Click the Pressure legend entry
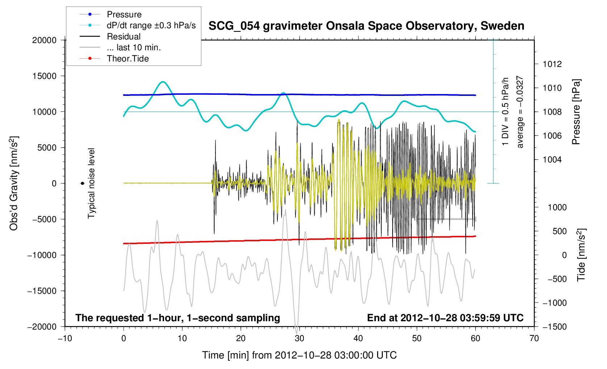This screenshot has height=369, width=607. click(124, 14)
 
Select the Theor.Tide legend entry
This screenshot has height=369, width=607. click(127, 59)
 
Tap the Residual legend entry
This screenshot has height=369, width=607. click(124, 37)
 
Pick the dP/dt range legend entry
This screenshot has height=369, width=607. click(151, 25)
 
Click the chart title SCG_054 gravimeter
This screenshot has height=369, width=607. click(366, 26)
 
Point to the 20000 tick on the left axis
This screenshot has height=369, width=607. click(45, 40)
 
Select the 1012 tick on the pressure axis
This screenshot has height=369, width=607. click(552, 64)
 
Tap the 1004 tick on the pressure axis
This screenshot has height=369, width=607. click(552, 160)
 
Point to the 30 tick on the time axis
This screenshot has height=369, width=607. click(300, 339)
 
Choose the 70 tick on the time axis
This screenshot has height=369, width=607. click(534, 339)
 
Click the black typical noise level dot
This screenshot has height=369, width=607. click(83, 183)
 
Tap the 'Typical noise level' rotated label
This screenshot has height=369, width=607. click(91, 183)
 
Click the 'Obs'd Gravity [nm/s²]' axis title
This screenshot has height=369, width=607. click(14, 183)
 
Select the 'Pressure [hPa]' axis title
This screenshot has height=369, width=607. click(576, 112)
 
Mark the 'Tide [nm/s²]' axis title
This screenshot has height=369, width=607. click(581, 255)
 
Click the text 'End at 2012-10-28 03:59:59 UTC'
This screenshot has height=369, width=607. click(445, 318)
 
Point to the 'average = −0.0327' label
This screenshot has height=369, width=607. click(520, 112)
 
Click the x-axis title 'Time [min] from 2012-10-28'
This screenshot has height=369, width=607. click(299, 355)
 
